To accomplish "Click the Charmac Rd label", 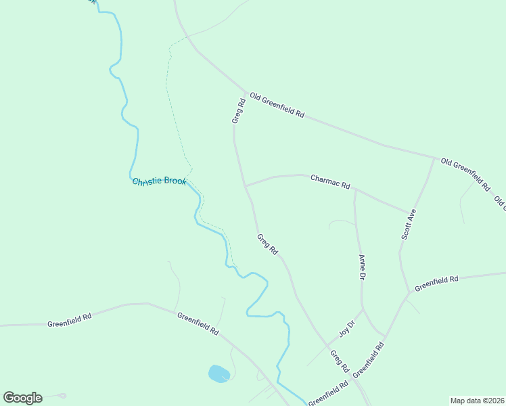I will [330, 181].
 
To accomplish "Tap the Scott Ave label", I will [409, 224].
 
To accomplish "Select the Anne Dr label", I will [362, 267].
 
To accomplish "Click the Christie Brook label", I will [159, 182].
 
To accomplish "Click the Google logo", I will [22, 398].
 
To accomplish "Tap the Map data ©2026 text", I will [477, 401].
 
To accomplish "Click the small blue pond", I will [219, 374].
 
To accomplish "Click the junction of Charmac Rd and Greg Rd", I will [246, 185].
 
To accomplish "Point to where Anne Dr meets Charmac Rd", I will [355, 190].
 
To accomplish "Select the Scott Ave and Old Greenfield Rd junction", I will [434, 158].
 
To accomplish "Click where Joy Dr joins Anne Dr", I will [363, 310].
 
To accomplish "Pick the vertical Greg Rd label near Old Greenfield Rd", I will [237, 111].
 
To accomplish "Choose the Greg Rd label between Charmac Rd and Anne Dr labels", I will [267, 244].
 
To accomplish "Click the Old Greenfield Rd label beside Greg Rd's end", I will [277, 104].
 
